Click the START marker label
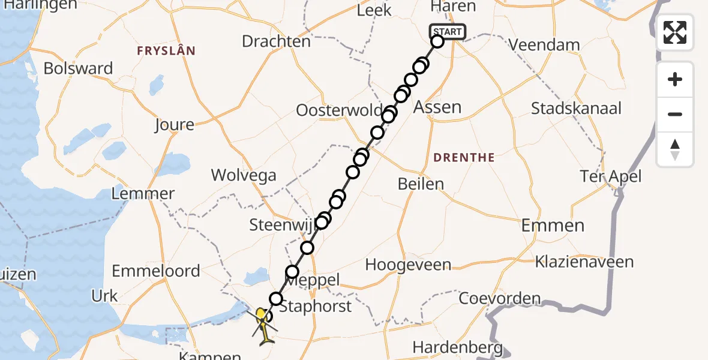coord(447,32)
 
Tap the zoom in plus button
coord(675,80)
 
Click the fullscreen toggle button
coord(675,32)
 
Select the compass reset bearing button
coord(675,149)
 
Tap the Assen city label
coord(438,107)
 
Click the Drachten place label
coord(276,41)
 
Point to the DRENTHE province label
coord(464,158)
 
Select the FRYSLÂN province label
coord(166,51)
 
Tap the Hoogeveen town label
coord(407,265)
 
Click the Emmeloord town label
coord(156,271)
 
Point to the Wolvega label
coord(244,175)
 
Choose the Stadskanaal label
coord(576,109)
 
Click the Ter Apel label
coord(611,176)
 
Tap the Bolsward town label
coord(78,68)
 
